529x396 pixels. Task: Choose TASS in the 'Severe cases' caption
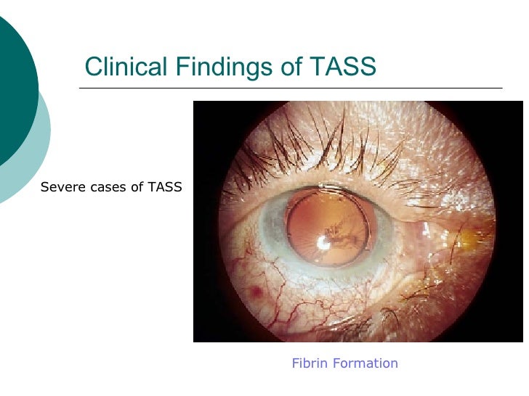[x=165, y=187]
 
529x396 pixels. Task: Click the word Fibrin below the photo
[x=310, y=363]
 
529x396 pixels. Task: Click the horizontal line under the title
[x=291, y=88]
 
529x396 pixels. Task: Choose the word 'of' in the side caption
[x=135, y=187]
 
